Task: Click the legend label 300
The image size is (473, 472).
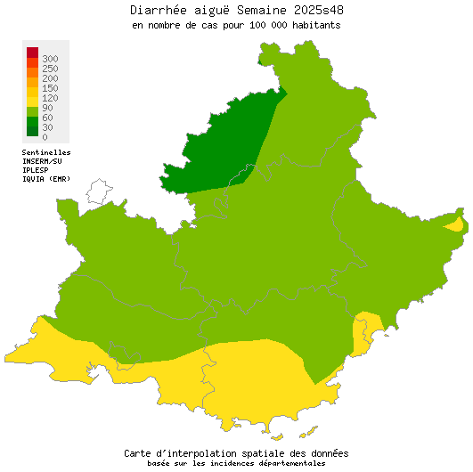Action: coord(50,58)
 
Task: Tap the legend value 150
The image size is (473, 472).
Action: coord(50,87)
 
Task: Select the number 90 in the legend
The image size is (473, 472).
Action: coord(47,107)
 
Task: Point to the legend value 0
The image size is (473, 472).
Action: coord(45,136)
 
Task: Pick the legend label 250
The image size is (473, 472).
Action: coord(50,68)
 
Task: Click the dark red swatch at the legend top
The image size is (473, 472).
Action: coord(32,52)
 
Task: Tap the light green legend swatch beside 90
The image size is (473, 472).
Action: coord(32,109)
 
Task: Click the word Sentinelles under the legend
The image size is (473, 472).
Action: coord(46,152)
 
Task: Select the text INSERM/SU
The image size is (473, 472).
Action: coord(42,161)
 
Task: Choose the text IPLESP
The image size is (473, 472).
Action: coord(36,169)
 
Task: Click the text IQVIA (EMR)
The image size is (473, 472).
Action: coord(46,178)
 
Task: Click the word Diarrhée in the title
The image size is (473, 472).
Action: coord(159,10)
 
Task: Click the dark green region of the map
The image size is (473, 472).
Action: coord(223,142)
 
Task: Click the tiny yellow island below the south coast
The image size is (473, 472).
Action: coord(277,437)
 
